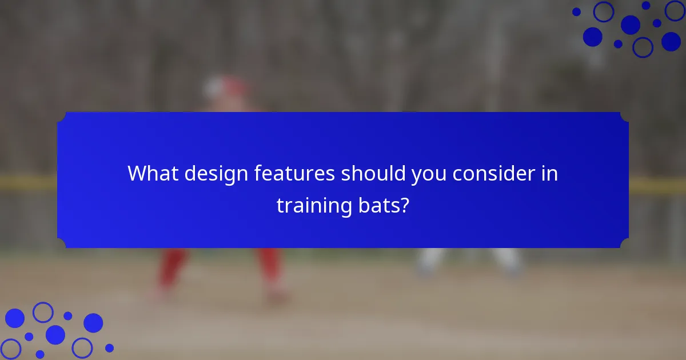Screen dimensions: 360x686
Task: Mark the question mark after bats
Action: point(405,205)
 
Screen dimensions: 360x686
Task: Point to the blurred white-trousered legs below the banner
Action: point(469,260)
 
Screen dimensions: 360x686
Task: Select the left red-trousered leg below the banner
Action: point(171,269)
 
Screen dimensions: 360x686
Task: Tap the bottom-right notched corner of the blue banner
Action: point(624,243)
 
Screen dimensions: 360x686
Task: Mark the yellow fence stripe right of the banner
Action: point(657,186)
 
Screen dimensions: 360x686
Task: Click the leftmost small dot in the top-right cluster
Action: point(576,11)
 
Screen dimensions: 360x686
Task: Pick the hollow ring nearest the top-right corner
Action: point(675,10)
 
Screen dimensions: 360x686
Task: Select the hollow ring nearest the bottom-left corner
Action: point(10,349)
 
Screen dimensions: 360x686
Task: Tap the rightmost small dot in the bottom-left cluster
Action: point(109,347)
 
